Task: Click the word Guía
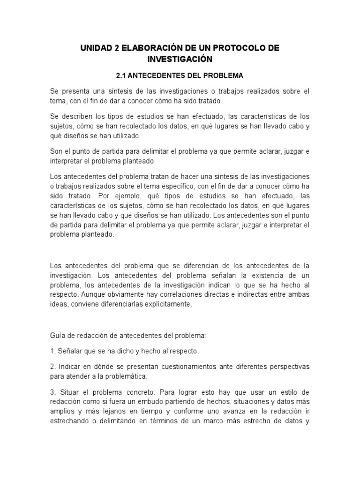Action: click(57, 336)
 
